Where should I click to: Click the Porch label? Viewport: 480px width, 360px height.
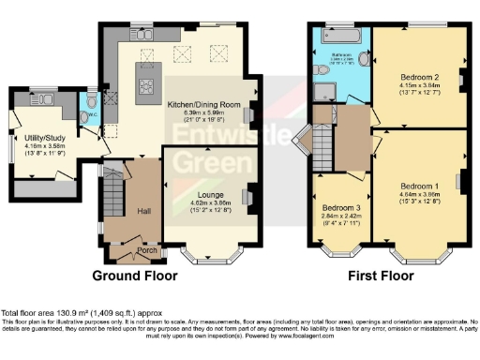click(x=147, y=250)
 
